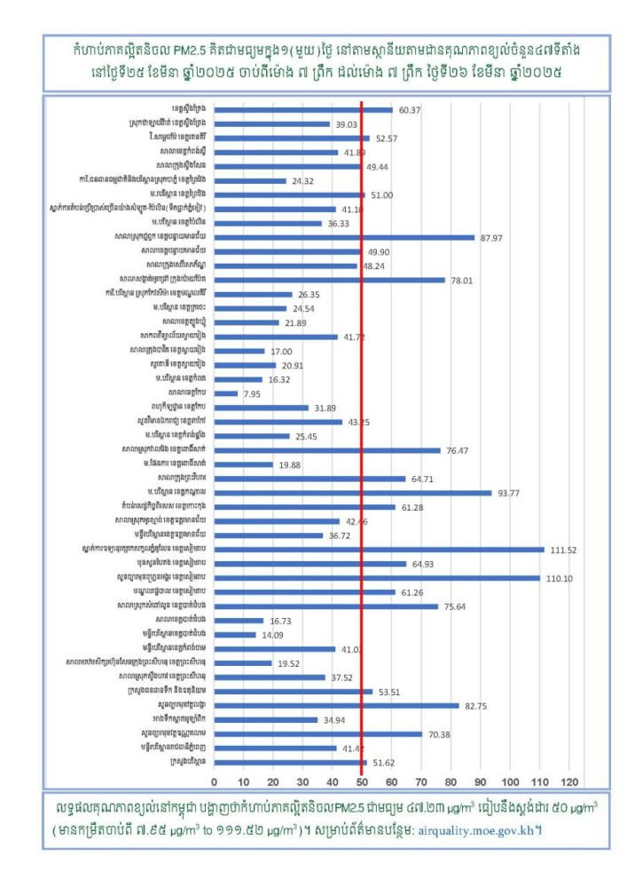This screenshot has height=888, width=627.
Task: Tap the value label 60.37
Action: pyautogui.click(x=409, y=110)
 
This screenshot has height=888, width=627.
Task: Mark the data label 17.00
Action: pyautogui.click(x=283, y=351)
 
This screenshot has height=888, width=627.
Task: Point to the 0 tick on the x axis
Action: pyautogui.click(x=214, y=781)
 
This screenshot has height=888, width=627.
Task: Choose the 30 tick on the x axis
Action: pyautogui.click(x=302, y=781)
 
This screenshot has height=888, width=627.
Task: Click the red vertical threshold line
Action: pyautogui.click(x=362, y=444)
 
